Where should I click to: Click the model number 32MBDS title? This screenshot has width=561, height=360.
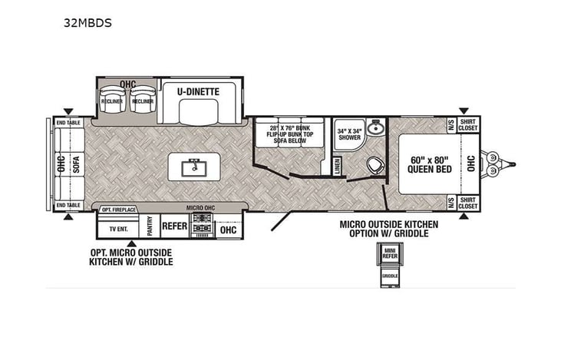(x=88, y=23)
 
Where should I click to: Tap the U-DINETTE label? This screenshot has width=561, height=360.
(x=198, y=91)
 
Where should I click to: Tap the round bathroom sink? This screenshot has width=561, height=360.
(x=375, y=128)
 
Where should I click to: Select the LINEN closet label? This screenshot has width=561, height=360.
(x=337, y=167)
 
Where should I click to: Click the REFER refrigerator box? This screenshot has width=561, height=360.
(x=174, y=227)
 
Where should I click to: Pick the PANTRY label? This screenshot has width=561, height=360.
(x=150, y=227)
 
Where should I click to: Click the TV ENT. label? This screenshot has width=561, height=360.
(x=117, y=229)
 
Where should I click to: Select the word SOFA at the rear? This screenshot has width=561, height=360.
(x=75, y=165)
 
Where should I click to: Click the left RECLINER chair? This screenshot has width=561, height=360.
(x=113, y=103)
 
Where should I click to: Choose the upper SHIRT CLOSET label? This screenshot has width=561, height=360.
(x=467, y=124)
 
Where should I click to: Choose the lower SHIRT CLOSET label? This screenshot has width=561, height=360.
(x=467, y=203)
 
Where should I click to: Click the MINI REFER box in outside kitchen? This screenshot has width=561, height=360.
(x=390, y=253)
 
